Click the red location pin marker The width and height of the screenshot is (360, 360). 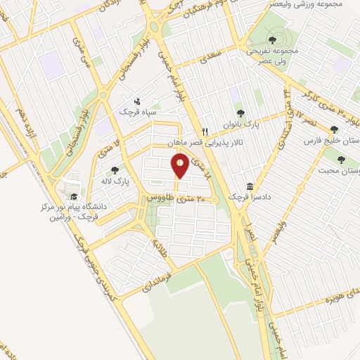[x=181, y=167]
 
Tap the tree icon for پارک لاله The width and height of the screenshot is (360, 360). [x=115, y=169]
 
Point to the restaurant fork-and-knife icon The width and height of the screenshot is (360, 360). [x=205, y=131]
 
